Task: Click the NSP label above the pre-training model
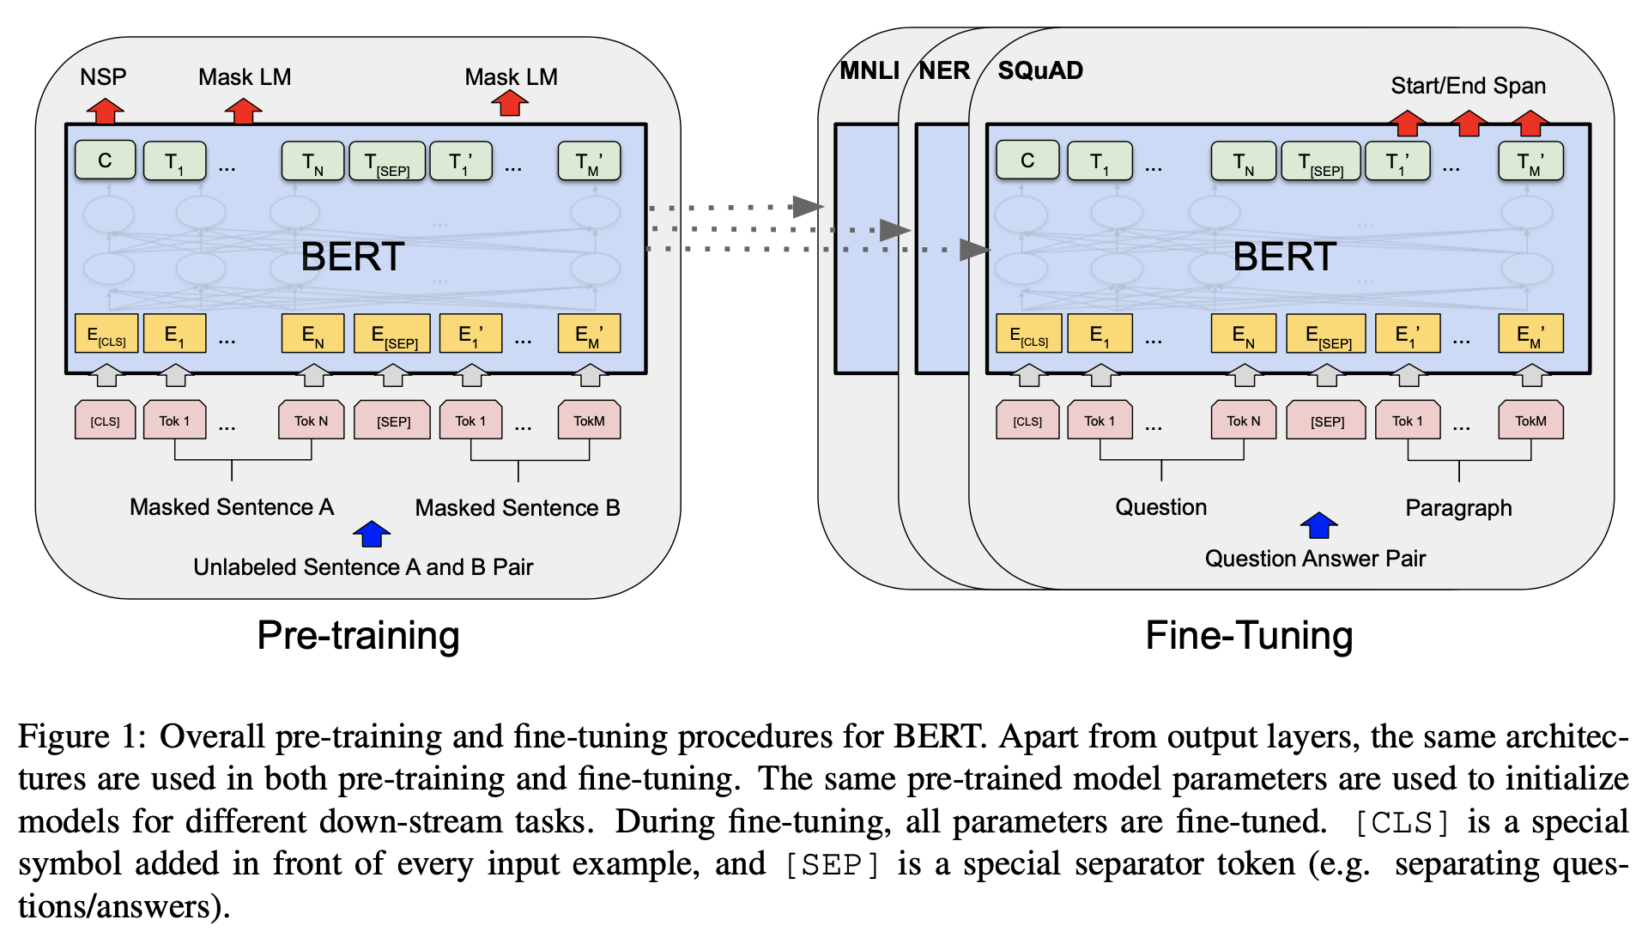(x=103, y=77)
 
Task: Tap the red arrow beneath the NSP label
(x=105, y=111)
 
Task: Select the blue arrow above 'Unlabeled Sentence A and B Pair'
(x=372, y=534)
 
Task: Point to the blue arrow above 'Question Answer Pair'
(x=1319, y=525)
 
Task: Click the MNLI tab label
(x=869, y=70)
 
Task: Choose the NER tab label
(x=944, y=70)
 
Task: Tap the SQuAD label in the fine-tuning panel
(x=1040, y=70)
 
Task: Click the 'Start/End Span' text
(x=1468, y=86)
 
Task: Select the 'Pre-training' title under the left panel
(x=358, y=636)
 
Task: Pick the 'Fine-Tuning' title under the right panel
(x=1249, y=636)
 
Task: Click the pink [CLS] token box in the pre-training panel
(x=106, y=421)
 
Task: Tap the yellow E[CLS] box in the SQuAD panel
(x=1028, y=334)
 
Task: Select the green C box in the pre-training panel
(x=106, y=160)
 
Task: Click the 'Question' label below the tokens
(x=1160, y=507)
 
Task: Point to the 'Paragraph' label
(x=1458, y=508)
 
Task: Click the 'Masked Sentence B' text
(x=518, y=508)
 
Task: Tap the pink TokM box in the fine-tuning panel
(x=1530, y=421)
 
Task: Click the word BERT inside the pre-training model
(x=352, y=257)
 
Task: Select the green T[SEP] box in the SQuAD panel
(x=1320, y=161)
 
